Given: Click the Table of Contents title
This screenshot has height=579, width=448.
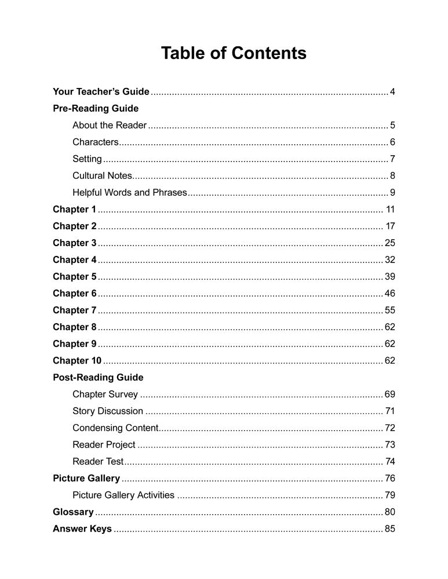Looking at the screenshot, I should coord(234,53).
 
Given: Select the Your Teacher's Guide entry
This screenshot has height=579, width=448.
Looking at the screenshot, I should coord(101,91).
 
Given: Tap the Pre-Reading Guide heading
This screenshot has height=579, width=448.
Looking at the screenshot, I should coord(96,108).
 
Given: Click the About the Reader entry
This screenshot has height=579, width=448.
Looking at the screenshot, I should coord(110,125).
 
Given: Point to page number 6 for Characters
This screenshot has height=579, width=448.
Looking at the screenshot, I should coord(392,142).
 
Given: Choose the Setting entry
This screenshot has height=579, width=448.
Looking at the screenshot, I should coord(87,159).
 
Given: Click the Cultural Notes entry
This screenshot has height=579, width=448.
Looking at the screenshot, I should coord(103,175).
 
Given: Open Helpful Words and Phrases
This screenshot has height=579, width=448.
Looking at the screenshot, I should coord(130,192).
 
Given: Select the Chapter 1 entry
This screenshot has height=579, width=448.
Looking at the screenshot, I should coord(74,209).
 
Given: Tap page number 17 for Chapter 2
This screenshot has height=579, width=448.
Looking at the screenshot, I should coord(390,226).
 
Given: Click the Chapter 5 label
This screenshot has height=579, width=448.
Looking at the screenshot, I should coord(74,276).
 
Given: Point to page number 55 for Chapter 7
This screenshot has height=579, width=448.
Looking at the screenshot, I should coord(389,310).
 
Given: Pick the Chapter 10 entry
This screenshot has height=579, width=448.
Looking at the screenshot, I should coord(77,360).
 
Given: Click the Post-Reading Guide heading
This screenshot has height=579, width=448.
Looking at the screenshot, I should coord(98,377).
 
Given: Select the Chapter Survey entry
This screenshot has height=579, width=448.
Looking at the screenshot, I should coord(105,394).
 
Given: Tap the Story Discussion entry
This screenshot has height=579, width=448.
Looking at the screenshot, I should coord(108,411).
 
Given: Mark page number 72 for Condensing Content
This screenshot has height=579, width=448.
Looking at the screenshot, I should coord(389,428).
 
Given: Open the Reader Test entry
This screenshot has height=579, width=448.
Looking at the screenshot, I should coord(98,461).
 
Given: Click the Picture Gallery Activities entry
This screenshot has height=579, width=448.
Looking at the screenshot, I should coord(123,495).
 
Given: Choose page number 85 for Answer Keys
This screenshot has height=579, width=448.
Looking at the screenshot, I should coord(389,529).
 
